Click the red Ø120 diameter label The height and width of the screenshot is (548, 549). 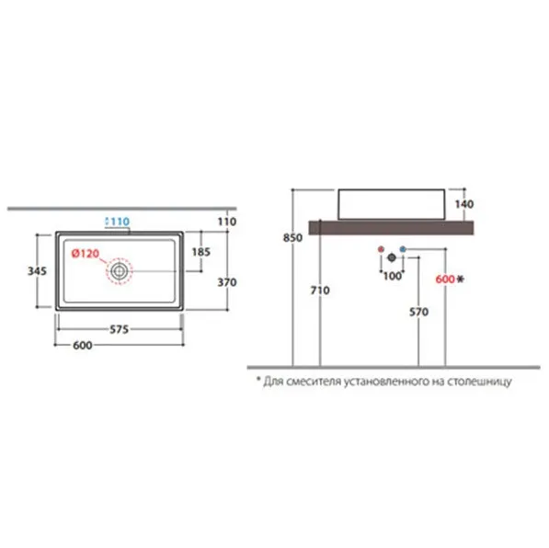pyautogui.click(x=86, y=253)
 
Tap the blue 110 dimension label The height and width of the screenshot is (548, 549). pyautogui.click(x=118, y=222)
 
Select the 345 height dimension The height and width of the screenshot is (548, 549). pyautogui.click(x=37, y=270)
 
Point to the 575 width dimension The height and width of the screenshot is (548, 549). pyautogui.click(x=119, y=329)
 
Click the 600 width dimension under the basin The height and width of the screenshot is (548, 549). pyautogui.click(x=83, y=345)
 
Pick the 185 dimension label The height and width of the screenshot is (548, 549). pyautogui.click(x=201, y=252)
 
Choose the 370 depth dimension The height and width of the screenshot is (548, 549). pyautogui.click(x=227, y=282)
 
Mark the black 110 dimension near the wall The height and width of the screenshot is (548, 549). pyautogui.click(x=227, y=222)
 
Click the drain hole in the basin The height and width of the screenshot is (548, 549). pyautogui.click(x=119, y=270)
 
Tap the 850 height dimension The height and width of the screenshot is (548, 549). pyautogui.click(x=292, y=238)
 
